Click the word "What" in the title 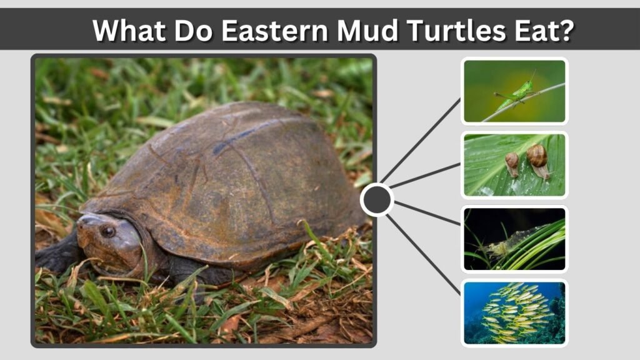coord(130,30)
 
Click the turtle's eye coord(107,231)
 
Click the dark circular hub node coord(377,199)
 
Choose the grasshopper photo coord(514,91)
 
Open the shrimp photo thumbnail coord(514,239)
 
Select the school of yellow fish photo coord(514,312)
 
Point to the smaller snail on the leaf coord(512,164)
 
